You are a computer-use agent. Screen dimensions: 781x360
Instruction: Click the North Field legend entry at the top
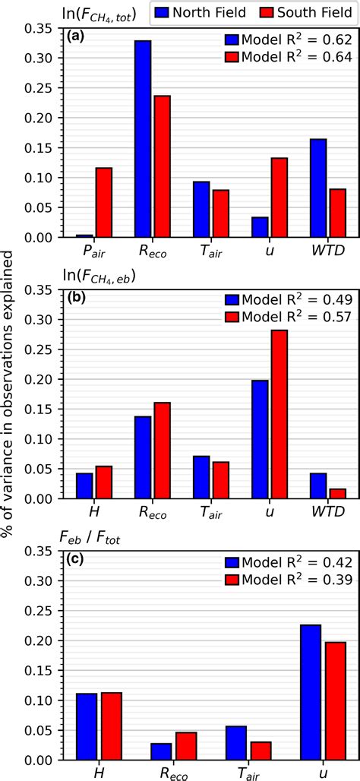point(195,13)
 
